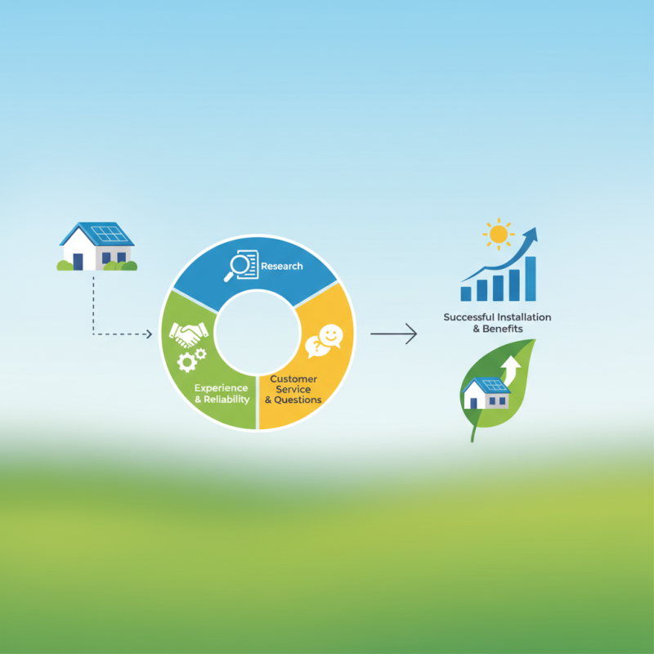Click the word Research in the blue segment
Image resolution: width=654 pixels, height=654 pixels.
(282, 266)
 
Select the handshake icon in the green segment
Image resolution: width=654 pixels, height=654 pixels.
(188, 334)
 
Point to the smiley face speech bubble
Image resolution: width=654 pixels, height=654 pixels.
(330, 335)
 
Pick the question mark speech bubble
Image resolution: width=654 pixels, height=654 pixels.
(315, 347)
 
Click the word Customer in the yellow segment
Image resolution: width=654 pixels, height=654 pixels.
(293, 379)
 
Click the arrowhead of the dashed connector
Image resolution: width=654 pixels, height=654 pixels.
(149, 334)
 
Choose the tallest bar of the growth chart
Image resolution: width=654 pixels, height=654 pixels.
(531, 278)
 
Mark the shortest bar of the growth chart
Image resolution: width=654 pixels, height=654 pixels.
(466, 293)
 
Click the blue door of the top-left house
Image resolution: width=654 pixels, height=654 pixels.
(78, 261)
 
